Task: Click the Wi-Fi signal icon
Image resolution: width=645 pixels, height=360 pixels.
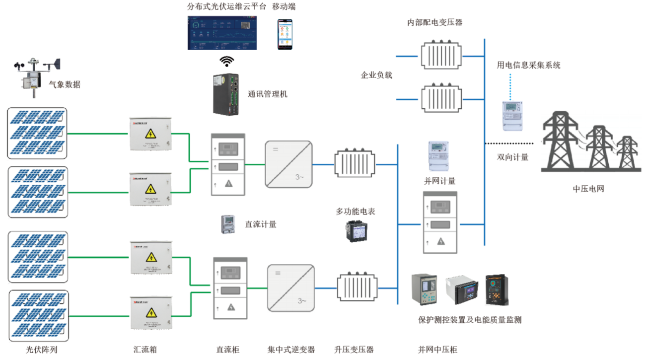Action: [x=227, y=62]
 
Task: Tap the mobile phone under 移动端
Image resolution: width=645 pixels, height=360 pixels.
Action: [x=285, y=34]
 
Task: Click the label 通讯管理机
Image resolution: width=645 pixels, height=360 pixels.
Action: [x=267, y=94]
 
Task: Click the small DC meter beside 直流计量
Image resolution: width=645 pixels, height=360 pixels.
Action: [x=227, y=224]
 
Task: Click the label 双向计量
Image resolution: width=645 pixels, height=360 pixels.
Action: [x=512, y=157]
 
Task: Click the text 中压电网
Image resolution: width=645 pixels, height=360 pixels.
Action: [x=588, y=189]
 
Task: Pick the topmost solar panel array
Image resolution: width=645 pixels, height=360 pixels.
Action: [x=37, y=133]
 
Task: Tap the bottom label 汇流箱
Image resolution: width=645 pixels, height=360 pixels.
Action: [x=145, y=350]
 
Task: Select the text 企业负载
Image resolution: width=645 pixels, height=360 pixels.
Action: [x=376, y=75]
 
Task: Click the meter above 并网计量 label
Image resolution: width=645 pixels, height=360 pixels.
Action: [x=438, y=155]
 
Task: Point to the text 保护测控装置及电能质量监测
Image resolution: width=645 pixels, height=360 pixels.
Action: [x=470, y=320]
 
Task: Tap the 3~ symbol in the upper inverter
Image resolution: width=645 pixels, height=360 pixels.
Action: [x=300, y=177]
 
